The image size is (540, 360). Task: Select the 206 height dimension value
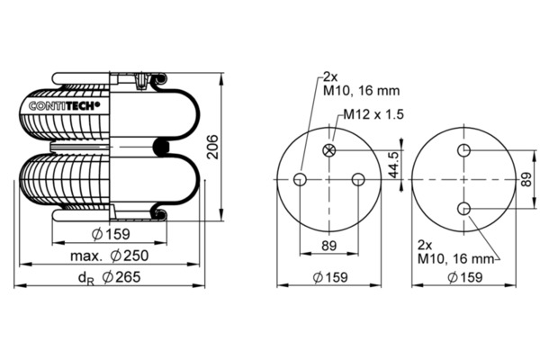[213, 146]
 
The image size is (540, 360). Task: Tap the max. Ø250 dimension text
[111, 256]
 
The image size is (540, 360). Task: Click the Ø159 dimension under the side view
[111, 237]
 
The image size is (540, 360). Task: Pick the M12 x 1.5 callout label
[370, 116]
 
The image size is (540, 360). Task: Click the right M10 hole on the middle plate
[359, 179]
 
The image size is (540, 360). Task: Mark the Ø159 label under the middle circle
[330, 277]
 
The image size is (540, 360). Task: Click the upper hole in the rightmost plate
[463, 150]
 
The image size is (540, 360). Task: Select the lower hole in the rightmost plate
[463, 209]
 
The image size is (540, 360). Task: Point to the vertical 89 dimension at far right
[526, 179]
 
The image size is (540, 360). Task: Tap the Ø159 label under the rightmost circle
[467, 277]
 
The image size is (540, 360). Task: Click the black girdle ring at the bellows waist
[162, 146]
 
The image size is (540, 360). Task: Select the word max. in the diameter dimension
[85, 256]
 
